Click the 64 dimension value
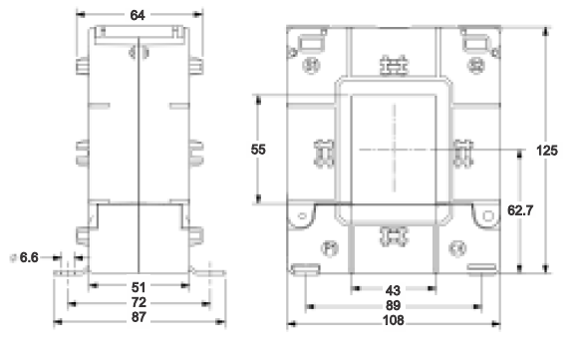tap(138, 15)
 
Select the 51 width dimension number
tap(139, 287)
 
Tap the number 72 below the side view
tap(139, 302)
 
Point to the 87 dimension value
tap(139, 317)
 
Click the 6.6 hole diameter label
tap(29, 257)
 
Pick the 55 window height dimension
tap(258, 150)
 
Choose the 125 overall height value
tap(547, 151)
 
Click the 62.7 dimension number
tap(520, 210)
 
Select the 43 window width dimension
tap(393, 291)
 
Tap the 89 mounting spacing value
tap(394, 305)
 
